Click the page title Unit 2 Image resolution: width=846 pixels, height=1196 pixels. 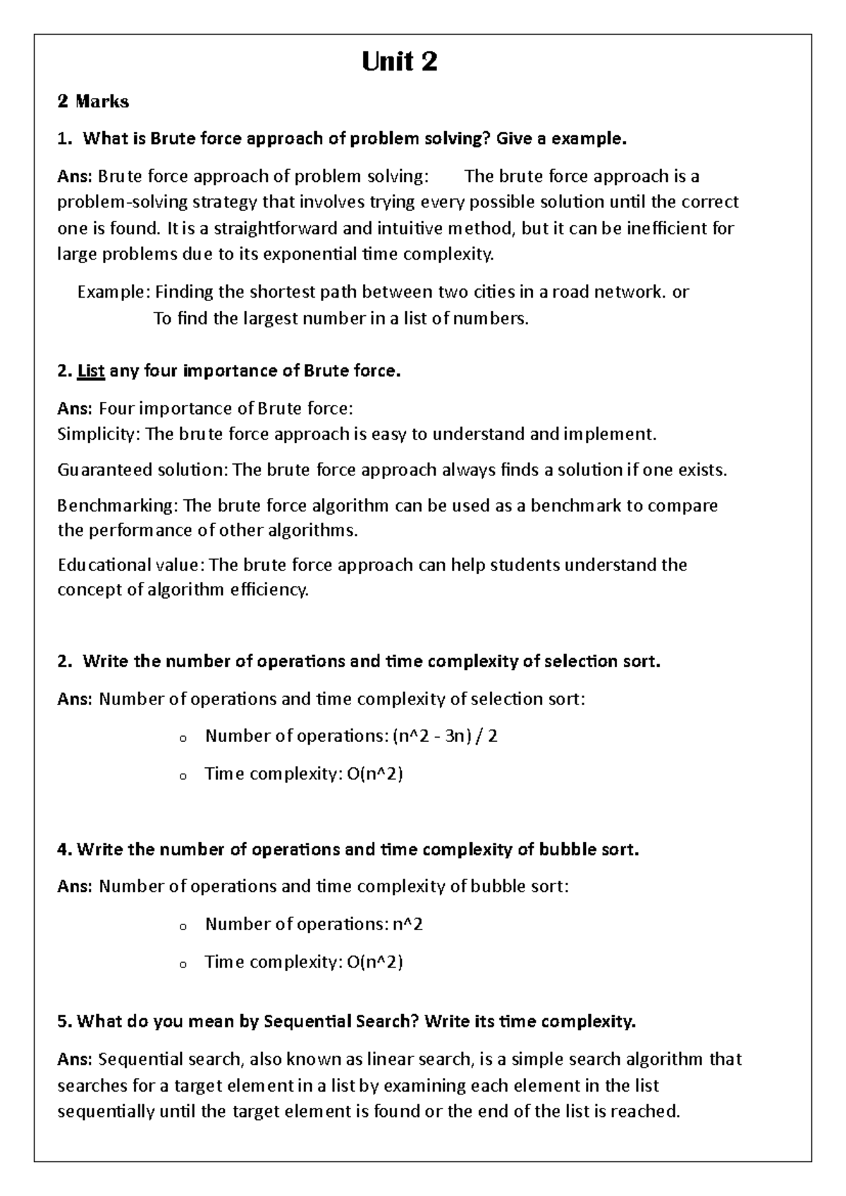[399, 62]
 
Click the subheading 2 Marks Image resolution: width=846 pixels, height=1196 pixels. [93, 102]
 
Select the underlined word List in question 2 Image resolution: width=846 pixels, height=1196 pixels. [91, 371]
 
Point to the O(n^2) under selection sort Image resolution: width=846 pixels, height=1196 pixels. [375, 774]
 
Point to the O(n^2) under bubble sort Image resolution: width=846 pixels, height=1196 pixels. [375, 962]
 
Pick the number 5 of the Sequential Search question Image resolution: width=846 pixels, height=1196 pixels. [62, 1021]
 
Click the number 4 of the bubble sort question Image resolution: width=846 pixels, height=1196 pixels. [62, 850]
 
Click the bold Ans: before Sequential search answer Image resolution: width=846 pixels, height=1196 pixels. [74, 1059]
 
